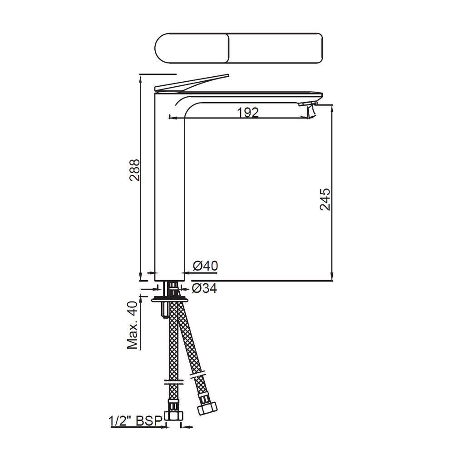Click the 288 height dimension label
click(x=135, y=170)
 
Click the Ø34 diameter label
click(x=204, y=288)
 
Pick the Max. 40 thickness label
click(x=133, y=325)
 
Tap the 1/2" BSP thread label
click(x=135, y=421)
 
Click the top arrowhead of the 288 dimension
click(x=141, y=77)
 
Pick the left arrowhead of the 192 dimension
click(x=172, y=118)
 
